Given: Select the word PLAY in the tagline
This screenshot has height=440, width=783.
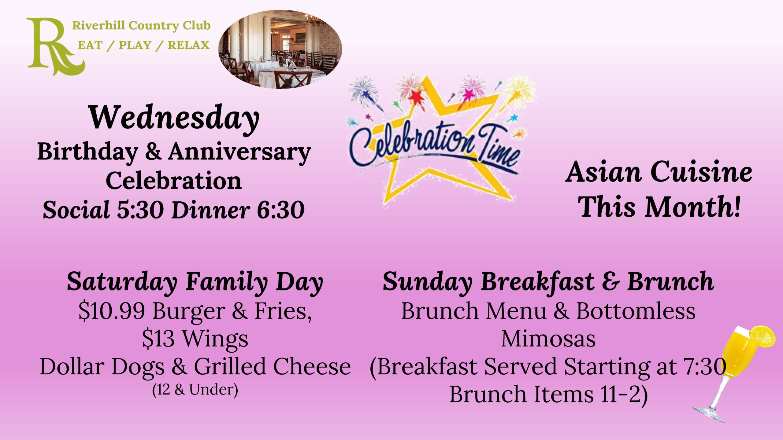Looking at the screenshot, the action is coord(135,45).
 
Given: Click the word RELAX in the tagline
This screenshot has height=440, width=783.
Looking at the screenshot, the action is coord(188,45).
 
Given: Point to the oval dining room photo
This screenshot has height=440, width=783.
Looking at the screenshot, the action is coord(280,50).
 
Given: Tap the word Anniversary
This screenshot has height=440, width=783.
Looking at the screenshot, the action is coord(239,152).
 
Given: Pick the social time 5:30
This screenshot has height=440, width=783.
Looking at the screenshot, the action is coord(140,210).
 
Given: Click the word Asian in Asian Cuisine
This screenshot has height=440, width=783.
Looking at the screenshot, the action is coord(603,172).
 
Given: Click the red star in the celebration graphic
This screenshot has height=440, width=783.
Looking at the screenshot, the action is coord(416,97).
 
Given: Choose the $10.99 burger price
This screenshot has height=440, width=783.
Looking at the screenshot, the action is coord(112,311).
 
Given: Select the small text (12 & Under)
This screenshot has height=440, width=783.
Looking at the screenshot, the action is coord(195,390).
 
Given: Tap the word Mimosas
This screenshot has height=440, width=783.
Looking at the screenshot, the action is coord(548,339).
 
